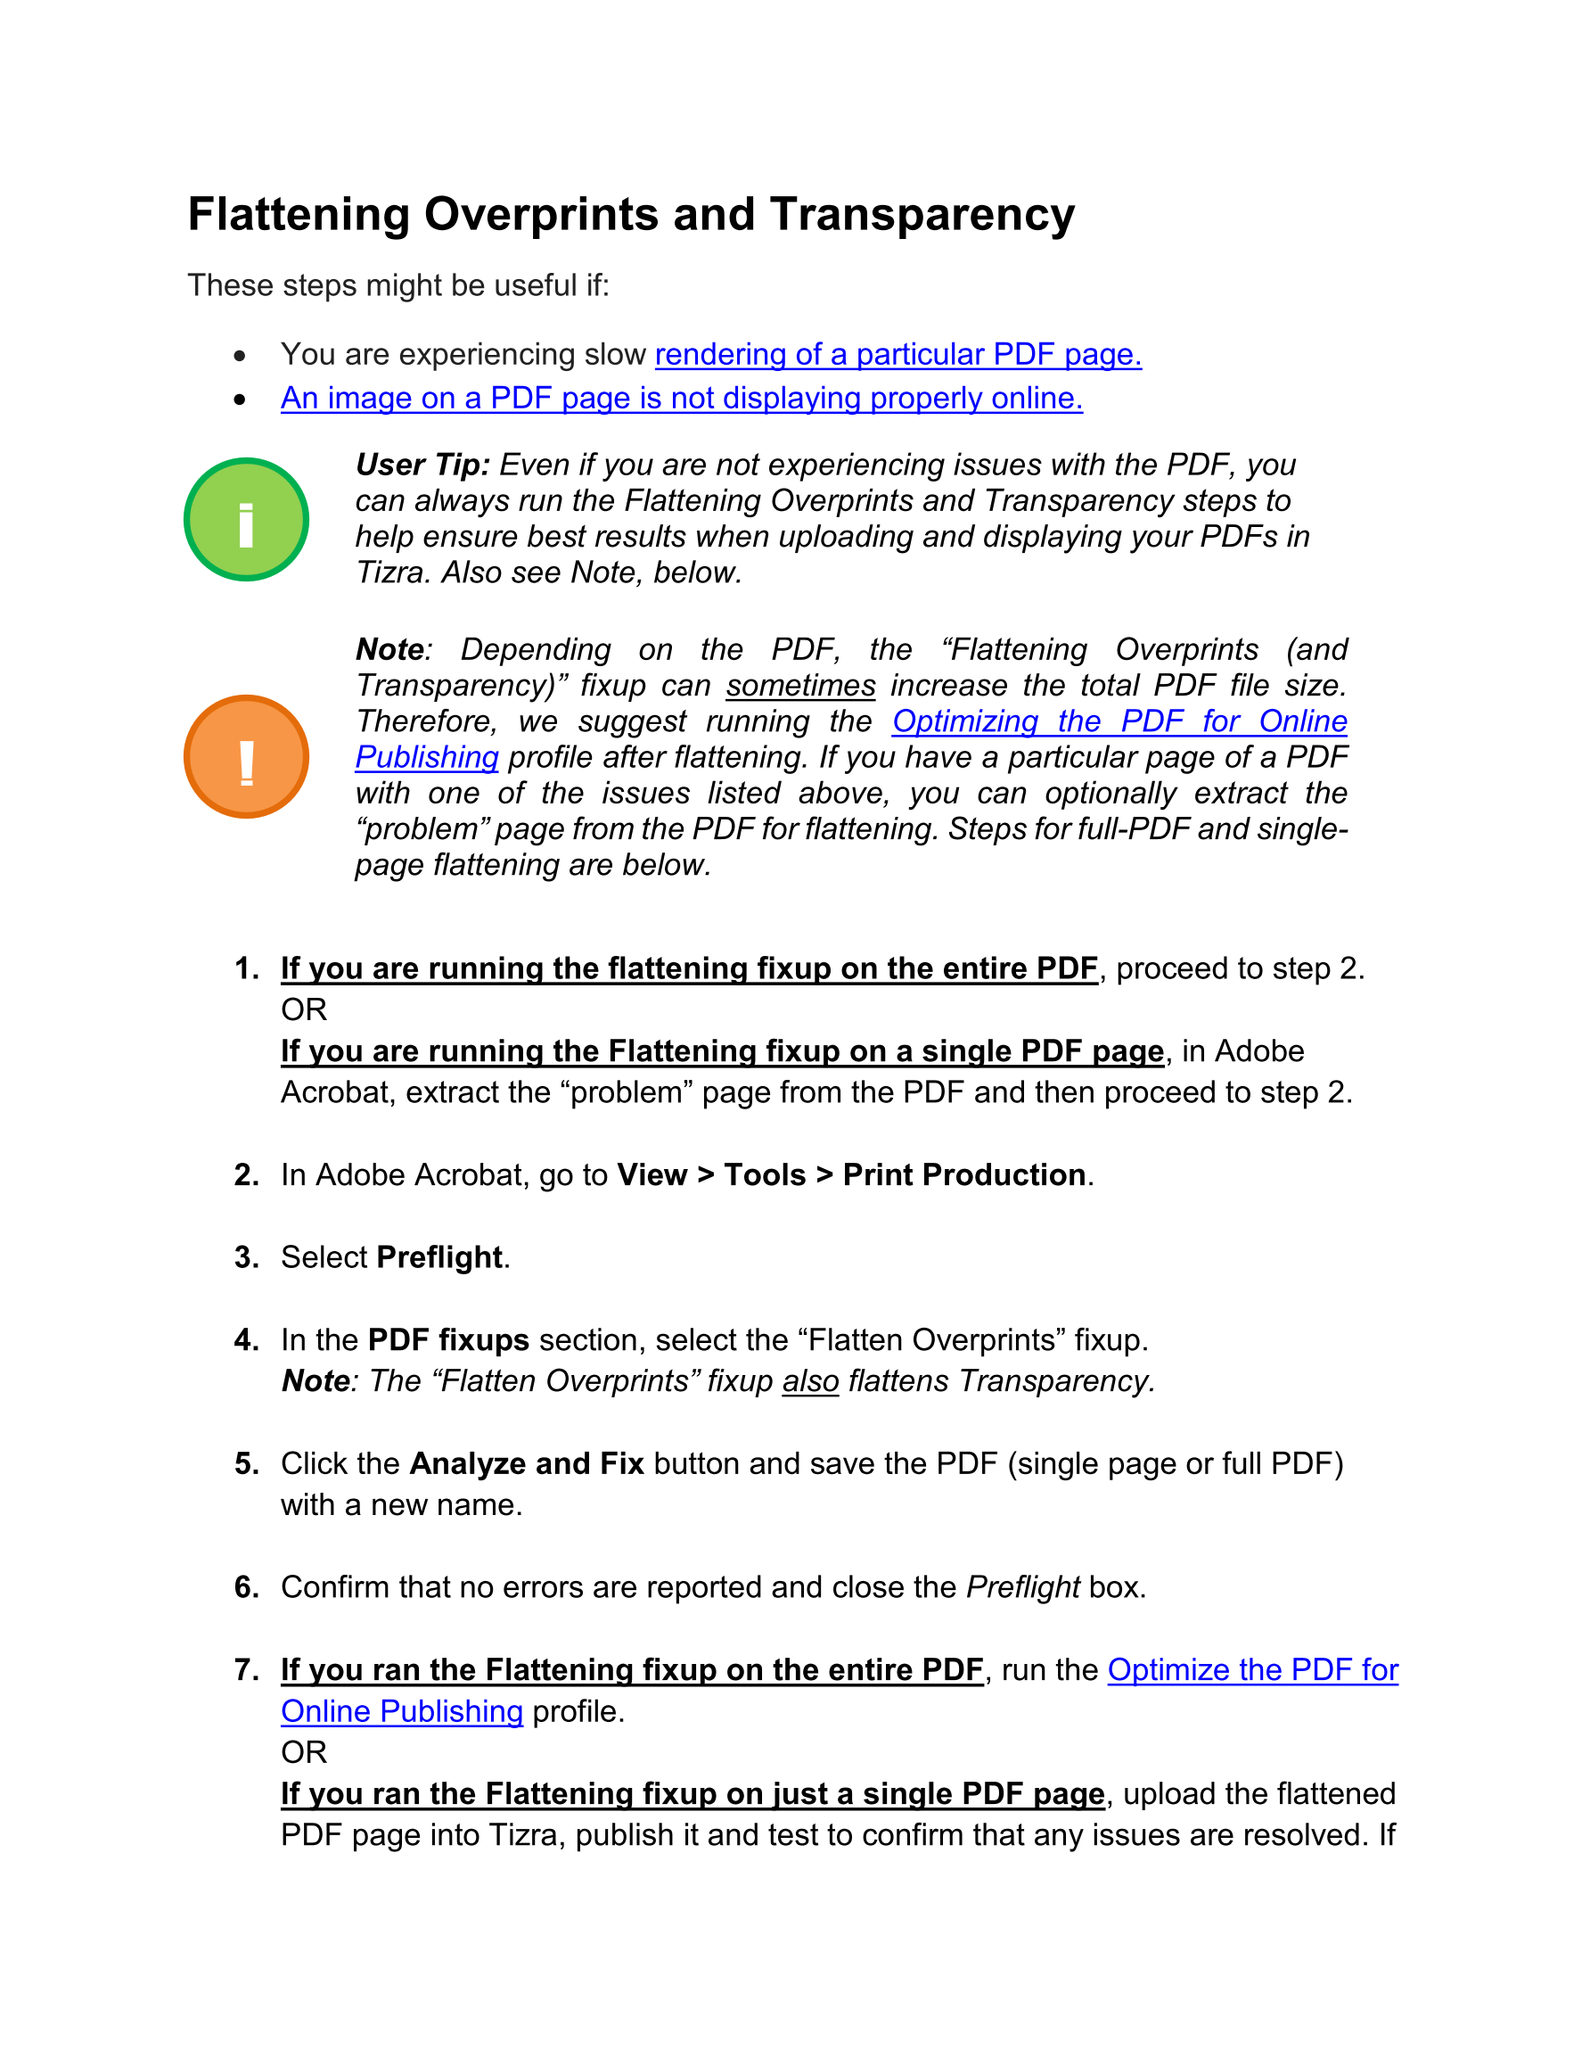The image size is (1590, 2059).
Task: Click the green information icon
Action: pyautogui.click(x=246, y=520)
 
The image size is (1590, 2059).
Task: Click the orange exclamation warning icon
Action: pyautogui.click(x=246, y=756)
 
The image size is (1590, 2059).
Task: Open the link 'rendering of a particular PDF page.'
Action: pyautogui.click(x=897, y=355)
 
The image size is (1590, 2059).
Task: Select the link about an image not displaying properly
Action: pyautogui.click(x=682, y=399)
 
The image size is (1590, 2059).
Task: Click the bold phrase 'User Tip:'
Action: pyautogui.click(x=422, y=465)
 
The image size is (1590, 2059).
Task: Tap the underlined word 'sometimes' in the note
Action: pyautogui.click(x=800, y=686)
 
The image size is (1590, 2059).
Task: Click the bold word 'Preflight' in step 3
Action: pyautogui.click(x=439, y=1257)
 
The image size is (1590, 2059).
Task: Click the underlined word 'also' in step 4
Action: pyautogui.click(x=809, y=1381)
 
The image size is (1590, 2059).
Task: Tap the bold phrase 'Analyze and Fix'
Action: pyautogui.click(x=527, y=1464)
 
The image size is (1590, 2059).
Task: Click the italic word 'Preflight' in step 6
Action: pyautogui.click(x=1022, y=1587)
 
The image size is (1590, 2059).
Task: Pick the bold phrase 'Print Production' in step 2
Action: pyautogui.click(x=964, y=1175)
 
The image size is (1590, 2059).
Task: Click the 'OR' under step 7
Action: pyautogui.click(x=304, y=1752)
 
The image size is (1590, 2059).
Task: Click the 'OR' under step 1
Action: pyautogui.click(x=304, y=1010)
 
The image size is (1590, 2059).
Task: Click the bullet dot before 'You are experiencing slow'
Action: pyautogui.click(x=241, y=357)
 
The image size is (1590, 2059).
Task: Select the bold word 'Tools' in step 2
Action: pyautogui.click(x=765, y=1175)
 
